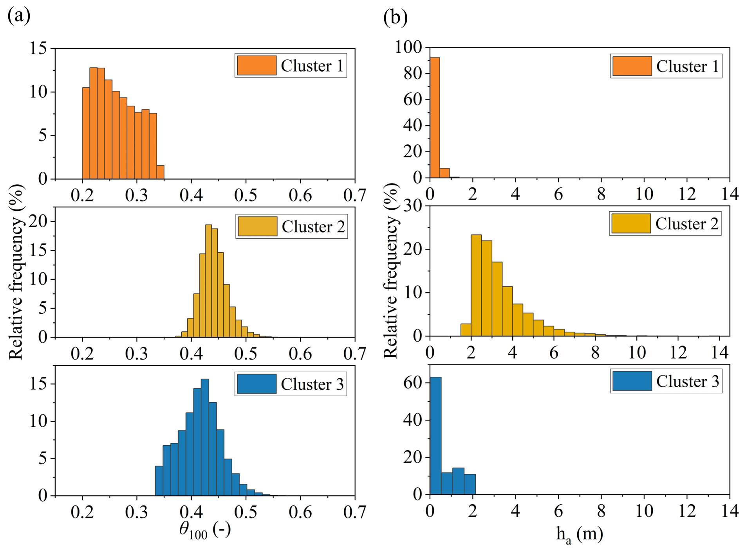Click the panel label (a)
(x=19, y=16)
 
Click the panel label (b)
(x=395, y=17)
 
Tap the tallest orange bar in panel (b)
(x=435, y=117)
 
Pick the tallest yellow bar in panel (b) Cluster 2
(x=476, y=285)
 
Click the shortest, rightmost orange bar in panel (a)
(x=161, y=172)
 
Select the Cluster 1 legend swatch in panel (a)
(x=256, y=65)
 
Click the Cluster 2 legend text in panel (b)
(x=686, y=224)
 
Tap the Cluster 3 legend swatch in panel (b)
(x=632, y=381)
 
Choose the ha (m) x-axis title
(x=579, y=534)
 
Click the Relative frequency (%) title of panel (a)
(x=16, y=272)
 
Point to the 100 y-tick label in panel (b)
(x=408, y=47)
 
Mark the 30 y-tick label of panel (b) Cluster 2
(x=413, y=206)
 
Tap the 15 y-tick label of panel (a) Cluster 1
(x=38, y=49)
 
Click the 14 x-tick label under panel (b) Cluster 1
(x=730, y=194)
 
